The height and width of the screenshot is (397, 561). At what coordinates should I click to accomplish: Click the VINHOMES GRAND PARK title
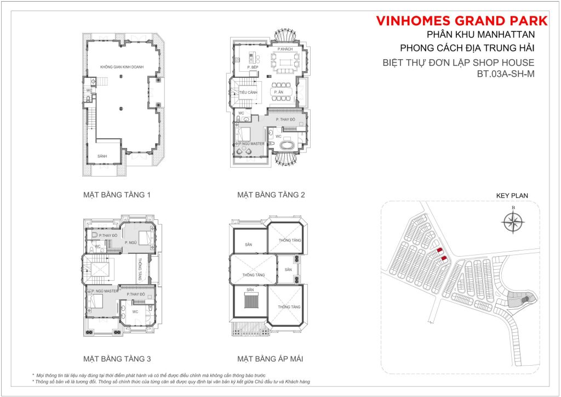tap(462, 21)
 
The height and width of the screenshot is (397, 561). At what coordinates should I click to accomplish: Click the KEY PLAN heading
tap(512, 195)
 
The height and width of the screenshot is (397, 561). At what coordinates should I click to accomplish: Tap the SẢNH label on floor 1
tap(102, 156)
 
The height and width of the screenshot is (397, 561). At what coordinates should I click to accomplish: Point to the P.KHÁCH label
tap(285, 49)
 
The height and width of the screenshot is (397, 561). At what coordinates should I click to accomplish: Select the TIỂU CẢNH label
tap(244, 93)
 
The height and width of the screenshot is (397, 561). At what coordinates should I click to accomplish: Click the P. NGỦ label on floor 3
tap(130, 242)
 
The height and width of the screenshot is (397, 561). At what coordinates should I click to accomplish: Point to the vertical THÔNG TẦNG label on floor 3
tap(141, 269)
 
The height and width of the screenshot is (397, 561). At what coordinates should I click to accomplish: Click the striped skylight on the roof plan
tap(251, 303)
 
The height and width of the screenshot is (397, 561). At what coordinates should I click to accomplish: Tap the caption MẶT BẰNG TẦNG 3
tap(117, 360)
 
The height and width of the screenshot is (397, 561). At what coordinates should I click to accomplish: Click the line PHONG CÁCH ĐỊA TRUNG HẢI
tap(467, 49)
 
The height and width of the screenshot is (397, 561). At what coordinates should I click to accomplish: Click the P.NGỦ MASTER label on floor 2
tap(251, 144)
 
